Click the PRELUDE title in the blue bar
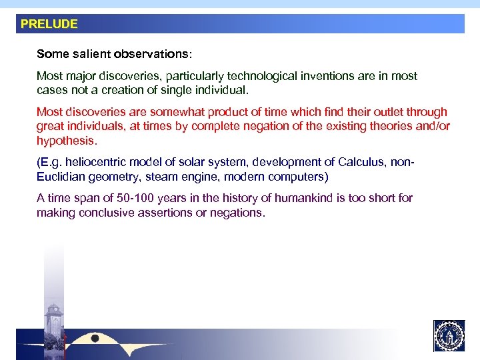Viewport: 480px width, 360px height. (49, 24)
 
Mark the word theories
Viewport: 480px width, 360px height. (383, 127)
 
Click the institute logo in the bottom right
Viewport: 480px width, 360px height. (449, 335)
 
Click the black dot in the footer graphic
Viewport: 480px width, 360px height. (95, 339)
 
